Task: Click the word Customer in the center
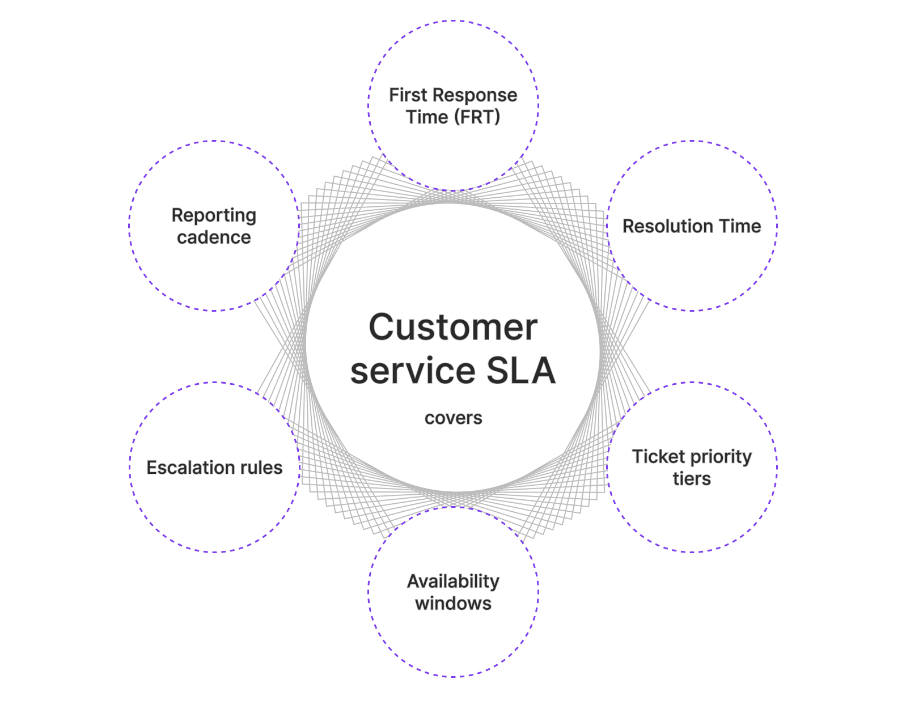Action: pyautogui.click(x=452, y=327)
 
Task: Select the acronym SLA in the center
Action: pyautogui.click(x=520, y=371)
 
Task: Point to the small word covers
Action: pyautogui.click(x=453, y=418)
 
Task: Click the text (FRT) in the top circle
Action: pyautogui.click(x=477, y=117)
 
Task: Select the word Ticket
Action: pyautogui.click(x=658, y=456)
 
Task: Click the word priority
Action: pyautogui.click(x=721, y=457)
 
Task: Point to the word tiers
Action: pyautogui.click(x=691, y=479)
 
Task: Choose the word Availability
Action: pyautogui.click(x=453, y=581)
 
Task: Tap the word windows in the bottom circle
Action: pyautogui.click(x=453, y=604)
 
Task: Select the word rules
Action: pyautogui.click(x=261, y=468)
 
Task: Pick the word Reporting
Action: pyautogui.click(x=214, y=216)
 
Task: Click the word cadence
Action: pyautogui.click(x=214, y=237)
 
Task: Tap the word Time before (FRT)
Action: pyautogui.click(x=427, y=117)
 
